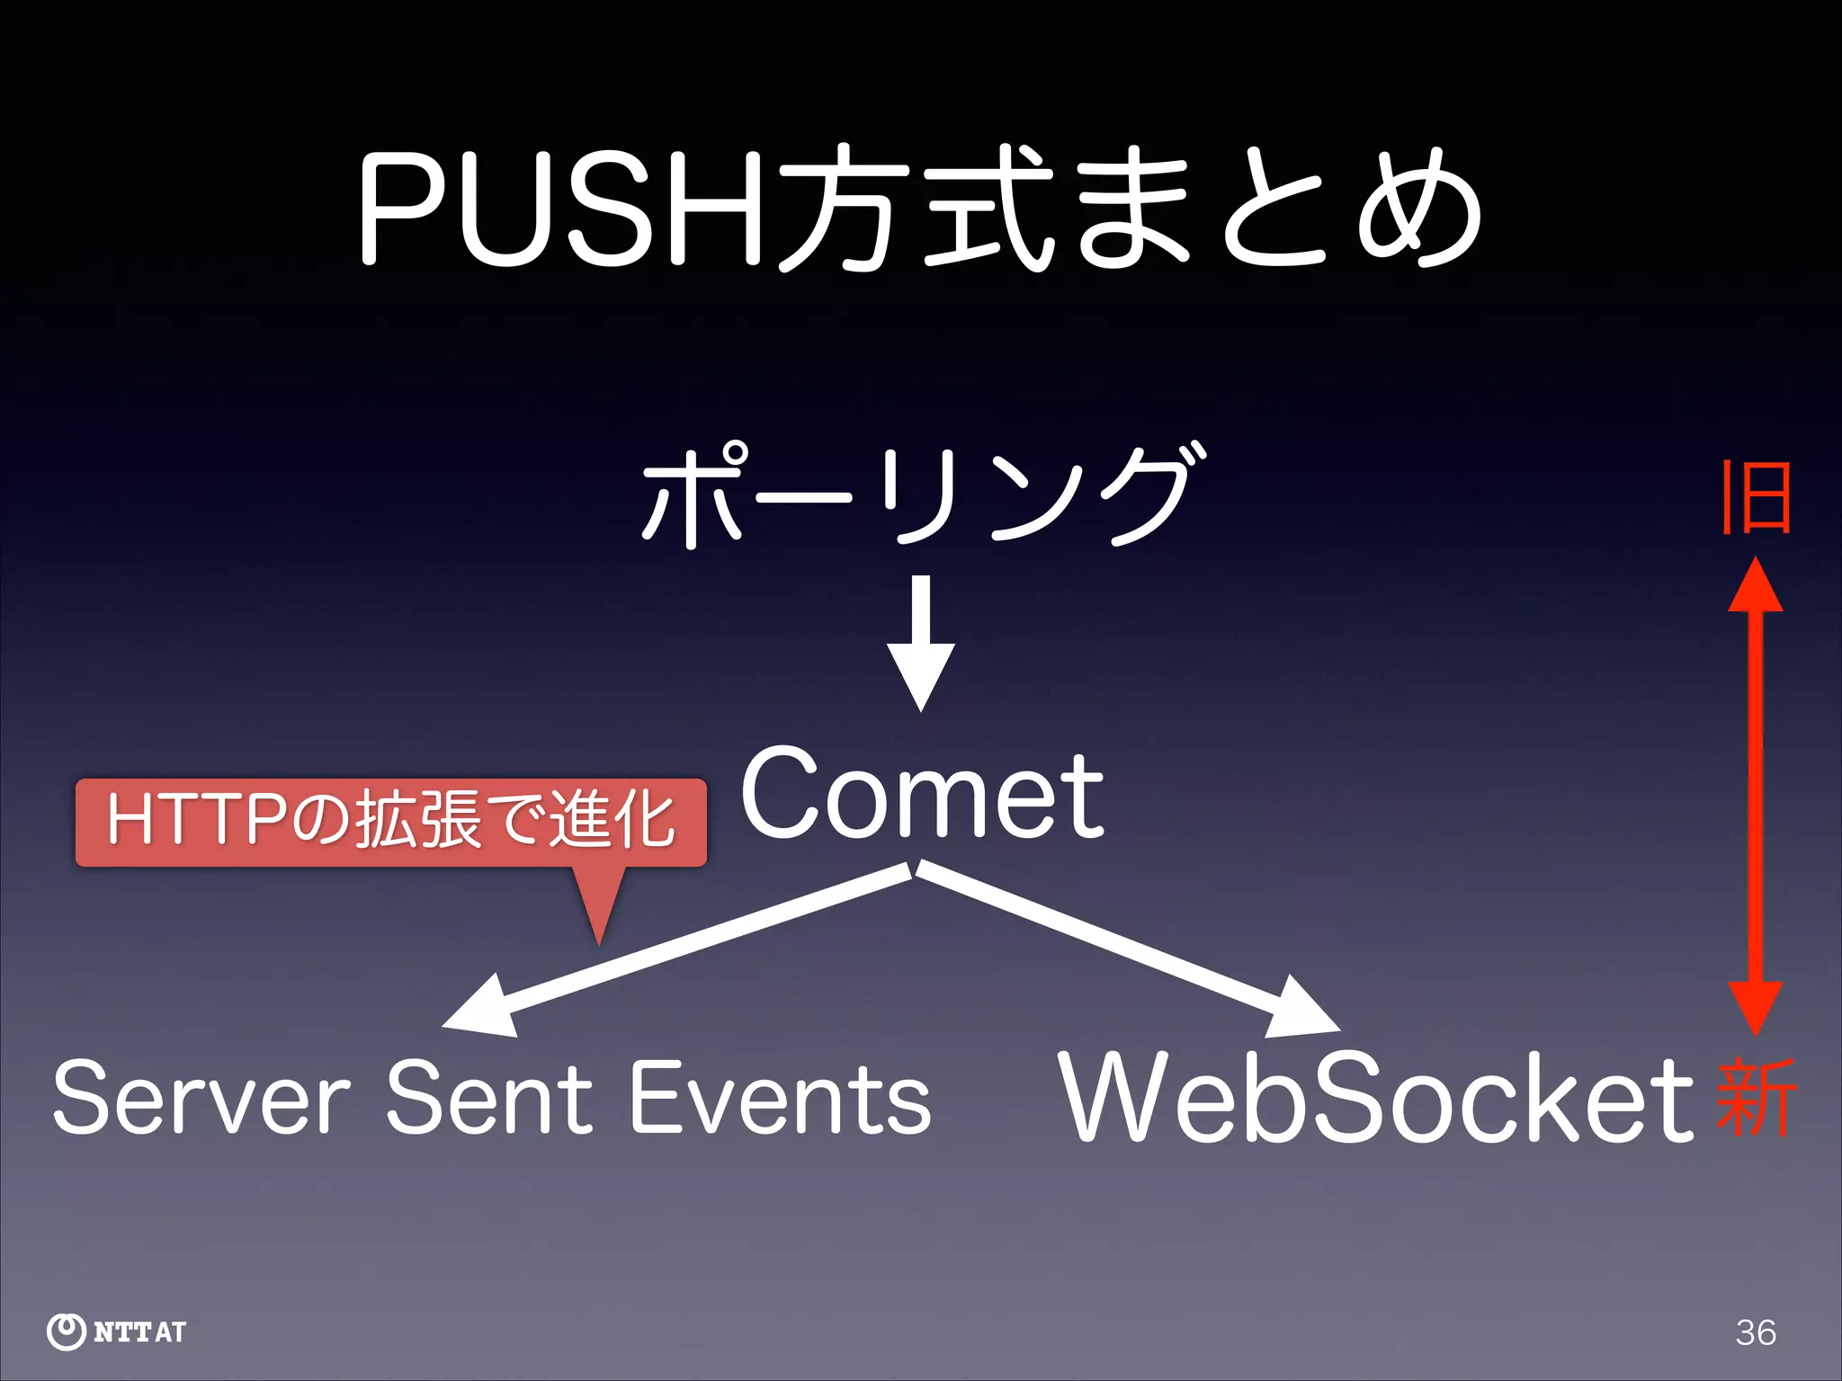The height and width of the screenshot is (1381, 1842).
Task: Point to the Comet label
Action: click(922, 795)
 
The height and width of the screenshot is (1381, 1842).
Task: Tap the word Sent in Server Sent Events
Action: click(491, 1097)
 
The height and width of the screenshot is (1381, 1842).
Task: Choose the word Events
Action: click(779, 1097)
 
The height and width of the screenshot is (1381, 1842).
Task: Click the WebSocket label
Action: click(1376, 1097)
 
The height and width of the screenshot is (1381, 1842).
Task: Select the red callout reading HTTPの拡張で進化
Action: click(390, 823)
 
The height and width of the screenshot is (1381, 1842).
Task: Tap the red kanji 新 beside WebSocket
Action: click(1756, 1097)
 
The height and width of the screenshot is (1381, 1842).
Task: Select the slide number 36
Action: click(1756, 1332)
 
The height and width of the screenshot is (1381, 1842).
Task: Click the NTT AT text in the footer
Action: click(139, 1332)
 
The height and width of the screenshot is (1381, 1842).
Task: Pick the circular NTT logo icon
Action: click(66, 1332)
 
